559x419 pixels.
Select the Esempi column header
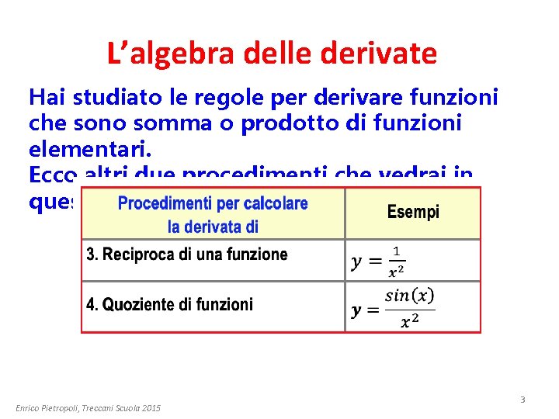click(x=413, y=212)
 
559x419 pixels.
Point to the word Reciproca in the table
click(x=139, y=255)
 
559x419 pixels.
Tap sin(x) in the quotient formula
click(x=409, y=296)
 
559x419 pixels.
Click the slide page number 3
click(x=523, y=400)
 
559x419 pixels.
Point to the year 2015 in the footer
click(x=151, y=408)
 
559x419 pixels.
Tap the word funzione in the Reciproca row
click(x=257, y=255)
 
